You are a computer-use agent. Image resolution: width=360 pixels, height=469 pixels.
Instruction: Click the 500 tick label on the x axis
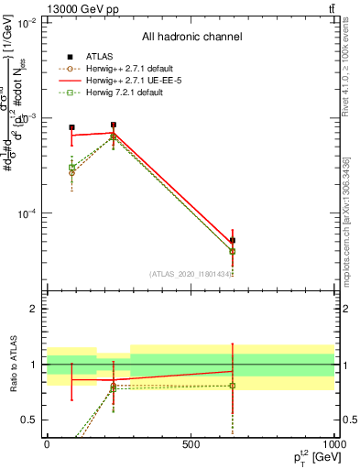point(191,443)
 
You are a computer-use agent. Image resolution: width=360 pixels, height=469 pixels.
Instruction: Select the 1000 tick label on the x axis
point(333,443)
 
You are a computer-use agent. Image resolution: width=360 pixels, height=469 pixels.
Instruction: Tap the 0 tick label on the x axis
point(47,443)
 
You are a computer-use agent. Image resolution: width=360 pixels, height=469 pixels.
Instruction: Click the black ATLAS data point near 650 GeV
point(233,240)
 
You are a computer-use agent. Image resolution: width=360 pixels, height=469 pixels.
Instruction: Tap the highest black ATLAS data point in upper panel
point(113,125)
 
